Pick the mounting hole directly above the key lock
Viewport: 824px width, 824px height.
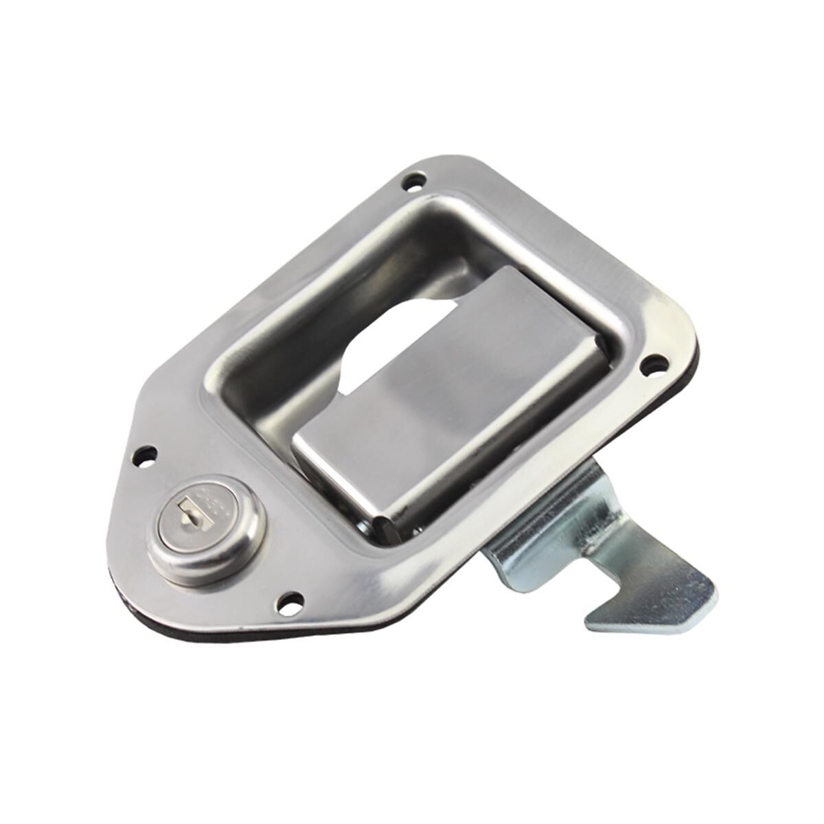click(146, 455)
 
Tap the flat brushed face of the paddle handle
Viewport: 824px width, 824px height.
click(453, 405)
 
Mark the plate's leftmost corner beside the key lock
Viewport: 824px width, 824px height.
click(113, 549)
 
